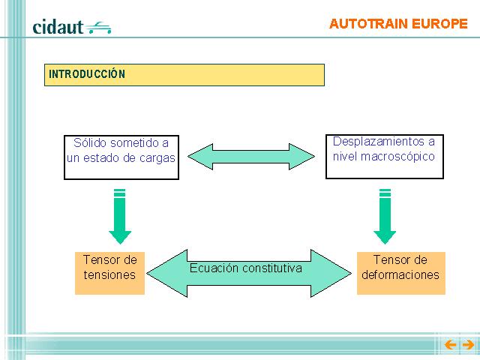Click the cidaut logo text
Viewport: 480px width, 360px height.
point(58,27)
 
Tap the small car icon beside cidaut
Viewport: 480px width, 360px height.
point(98,28)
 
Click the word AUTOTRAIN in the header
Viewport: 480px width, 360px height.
point(368,24)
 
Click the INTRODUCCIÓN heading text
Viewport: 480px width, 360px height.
point(87,73)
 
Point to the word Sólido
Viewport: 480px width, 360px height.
point(90,142)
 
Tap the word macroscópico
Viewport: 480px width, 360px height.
point(397,157)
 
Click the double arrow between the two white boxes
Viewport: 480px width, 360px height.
point(251,157)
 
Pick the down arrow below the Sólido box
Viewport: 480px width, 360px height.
point(120,216)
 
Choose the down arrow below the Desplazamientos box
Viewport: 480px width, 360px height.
point(385,216)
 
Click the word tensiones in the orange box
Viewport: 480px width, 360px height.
point(109,274)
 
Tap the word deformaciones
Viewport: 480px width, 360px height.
point(400,274)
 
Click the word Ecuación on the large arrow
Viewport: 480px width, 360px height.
point(214,268)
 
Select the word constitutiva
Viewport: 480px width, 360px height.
point(271,268)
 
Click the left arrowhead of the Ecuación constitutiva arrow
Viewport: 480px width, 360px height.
point(167,273)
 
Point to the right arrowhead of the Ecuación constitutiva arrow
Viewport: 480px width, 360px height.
point(331,273)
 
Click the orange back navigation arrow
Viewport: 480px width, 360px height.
point(450,345)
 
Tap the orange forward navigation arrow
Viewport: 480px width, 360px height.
point(468,345)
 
